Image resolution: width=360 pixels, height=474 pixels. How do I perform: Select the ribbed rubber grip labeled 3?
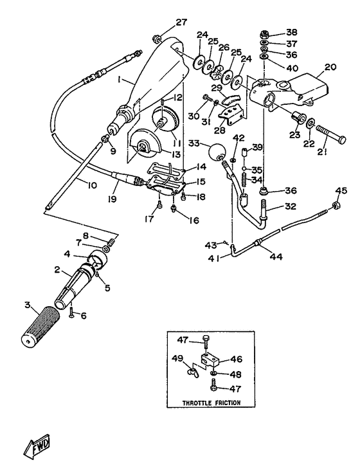click(x=46, y=325)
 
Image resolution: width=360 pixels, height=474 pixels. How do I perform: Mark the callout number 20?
click(x=330, y=67)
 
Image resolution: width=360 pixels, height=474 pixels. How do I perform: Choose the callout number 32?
click(x=273, y=207)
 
